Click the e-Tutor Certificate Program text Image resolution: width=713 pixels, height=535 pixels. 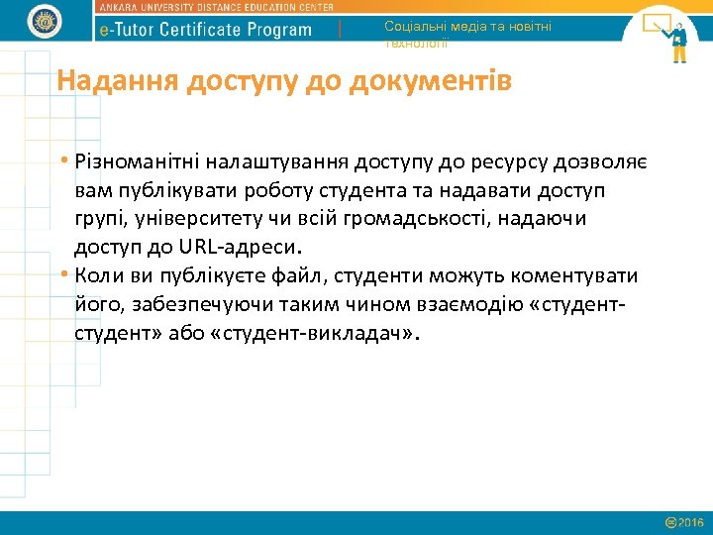point(207,29)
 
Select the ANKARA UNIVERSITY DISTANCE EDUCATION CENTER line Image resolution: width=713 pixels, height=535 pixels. point(216,7)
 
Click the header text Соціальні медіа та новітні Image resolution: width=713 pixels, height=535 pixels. point(467,27)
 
